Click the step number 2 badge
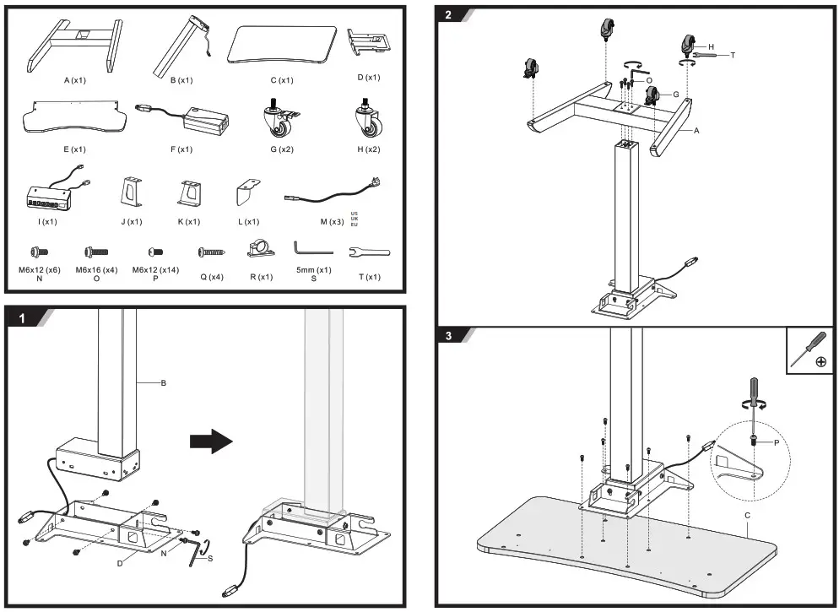[x=449, y=15]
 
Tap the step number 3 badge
[x=449, y=336]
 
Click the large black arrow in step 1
[x=209, y=440]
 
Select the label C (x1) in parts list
[x=282, y=81]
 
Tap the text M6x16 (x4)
[x=96, y=269]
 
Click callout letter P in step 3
[x=777, y=442]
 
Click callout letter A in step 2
[x=696, y=131]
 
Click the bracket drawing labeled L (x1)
[x=246, y=193]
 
